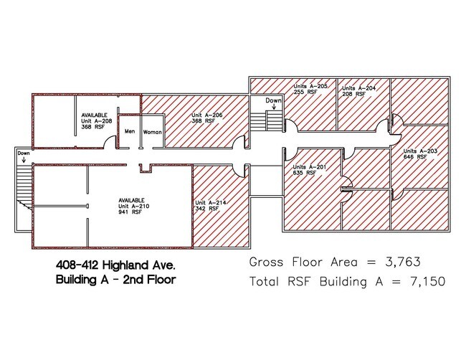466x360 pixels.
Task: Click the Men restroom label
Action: tap(130, 131)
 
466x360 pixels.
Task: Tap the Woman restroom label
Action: tap(153, 132)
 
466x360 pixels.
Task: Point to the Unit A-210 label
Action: tap(134, 207)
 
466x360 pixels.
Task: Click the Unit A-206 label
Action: tap(207, 115)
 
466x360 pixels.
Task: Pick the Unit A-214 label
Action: tap(210, 203)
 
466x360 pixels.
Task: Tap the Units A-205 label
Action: tap(310, 86)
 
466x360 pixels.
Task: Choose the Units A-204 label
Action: tap(358, 88)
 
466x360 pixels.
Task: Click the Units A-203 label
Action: tap(420, 151)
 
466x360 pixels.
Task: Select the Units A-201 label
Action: tap(310, 167)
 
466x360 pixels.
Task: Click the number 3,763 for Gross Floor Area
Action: tap(403, 262)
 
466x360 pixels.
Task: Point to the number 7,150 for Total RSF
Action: tap(428, 281)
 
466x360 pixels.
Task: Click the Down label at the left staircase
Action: tap(24, 153)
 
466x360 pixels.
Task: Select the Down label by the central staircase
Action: tap(273, 100)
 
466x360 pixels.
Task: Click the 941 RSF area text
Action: tap(130, 212)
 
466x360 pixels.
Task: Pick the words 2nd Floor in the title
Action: tap(150, 280)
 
